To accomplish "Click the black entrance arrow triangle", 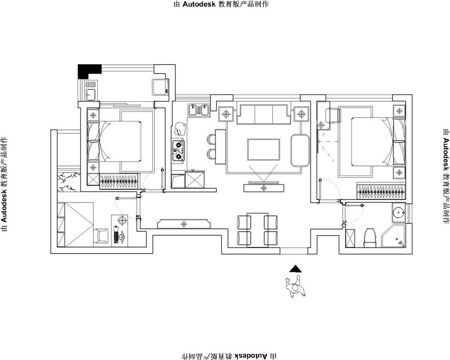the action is [x=295, y=269].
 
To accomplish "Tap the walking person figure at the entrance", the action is [x=295, y=287].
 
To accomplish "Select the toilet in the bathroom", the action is [x=370, y=237].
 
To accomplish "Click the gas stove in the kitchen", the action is [x=178, y=151].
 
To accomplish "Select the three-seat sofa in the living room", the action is [x=263, y=114].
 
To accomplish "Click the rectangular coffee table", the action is [x=264, y=150].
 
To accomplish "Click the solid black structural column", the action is [x=88, y=70].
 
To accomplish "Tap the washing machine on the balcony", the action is [x=160, y=87].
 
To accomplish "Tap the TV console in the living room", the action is [x=264, y=188].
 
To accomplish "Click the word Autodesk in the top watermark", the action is [x=199, y=4].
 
